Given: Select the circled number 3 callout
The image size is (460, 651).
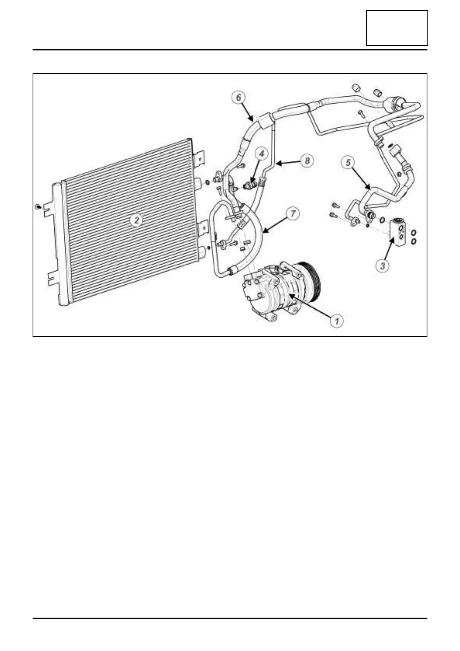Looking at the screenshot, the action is (x=383, y=266).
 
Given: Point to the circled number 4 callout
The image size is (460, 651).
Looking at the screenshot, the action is (x=262, y=154).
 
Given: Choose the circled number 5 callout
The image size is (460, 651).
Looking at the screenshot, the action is (x=348, y=162).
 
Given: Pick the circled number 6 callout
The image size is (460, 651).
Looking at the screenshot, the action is (x=239, y=97).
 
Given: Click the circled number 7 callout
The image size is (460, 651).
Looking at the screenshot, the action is (x=294, y=213).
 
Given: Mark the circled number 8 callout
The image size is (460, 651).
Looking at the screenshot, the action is (x=307, y=161).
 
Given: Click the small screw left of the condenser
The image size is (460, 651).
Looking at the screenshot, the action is (x=38, y=207).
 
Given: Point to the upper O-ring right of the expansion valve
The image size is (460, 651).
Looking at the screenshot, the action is (x=414, y=233).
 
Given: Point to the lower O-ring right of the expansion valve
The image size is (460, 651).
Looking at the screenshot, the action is (x=414, y=241).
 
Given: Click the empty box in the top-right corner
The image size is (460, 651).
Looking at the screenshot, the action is (x=397, y=28).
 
